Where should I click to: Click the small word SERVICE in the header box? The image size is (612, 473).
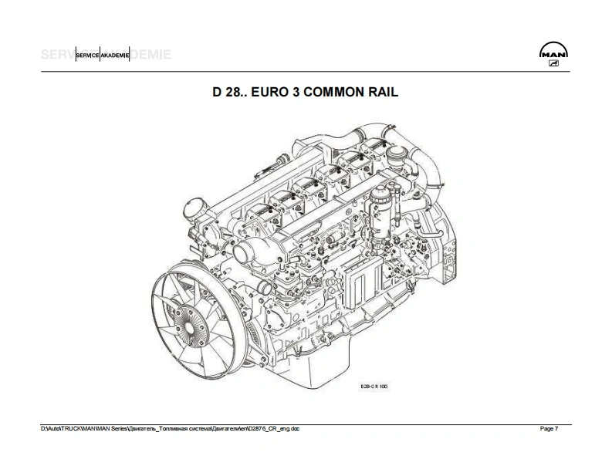(87, 56)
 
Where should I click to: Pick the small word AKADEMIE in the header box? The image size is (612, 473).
(114, 56)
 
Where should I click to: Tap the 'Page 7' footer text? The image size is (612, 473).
(549, 429)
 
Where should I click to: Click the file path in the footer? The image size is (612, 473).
(170, 429)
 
